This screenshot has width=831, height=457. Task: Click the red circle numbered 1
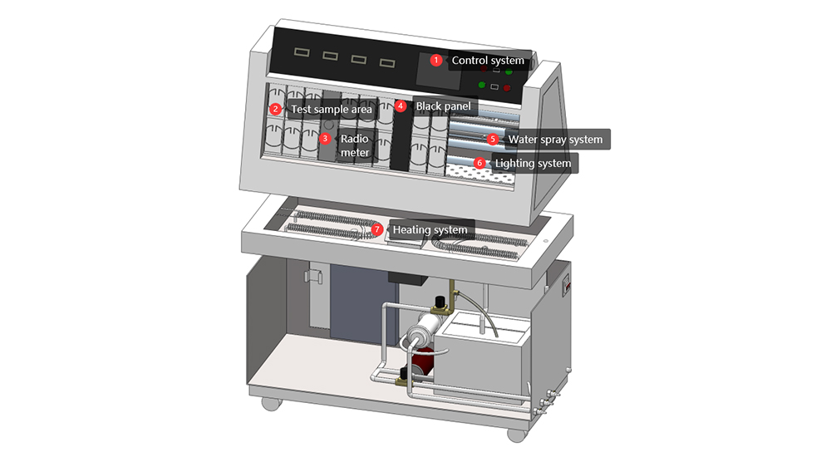[436, 60]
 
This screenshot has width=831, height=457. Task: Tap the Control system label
[488, 61]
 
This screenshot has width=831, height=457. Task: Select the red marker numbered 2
[274, 109]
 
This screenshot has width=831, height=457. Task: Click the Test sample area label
[331, 109]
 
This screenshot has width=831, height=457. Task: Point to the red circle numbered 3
[326, 139]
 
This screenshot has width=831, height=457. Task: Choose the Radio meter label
[355, 146]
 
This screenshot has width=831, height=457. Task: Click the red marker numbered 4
[401, 106]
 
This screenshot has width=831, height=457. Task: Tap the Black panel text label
[443, 106]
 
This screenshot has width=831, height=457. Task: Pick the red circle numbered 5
[493, 140]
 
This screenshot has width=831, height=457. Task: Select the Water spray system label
[555, 140]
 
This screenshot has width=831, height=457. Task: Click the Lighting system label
[533, 164]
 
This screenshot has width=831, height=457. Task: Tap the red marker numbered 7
[377, 229]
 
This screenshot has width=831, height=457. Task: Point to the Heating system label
[429, 230]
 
